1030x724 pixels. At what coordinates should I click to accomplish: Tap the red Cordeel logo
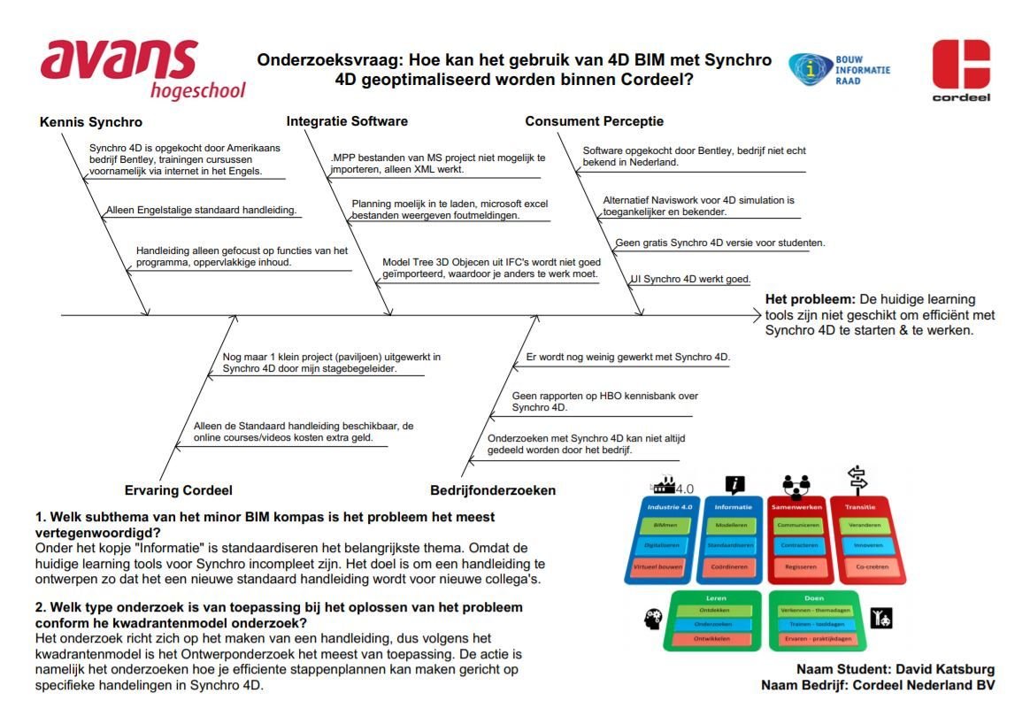coord(961,68)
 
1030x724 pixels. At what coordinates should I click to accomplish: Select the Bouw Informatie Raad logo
coord(838,69)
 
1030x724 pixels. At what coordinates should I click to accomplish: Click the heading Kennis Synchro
coord(91,122)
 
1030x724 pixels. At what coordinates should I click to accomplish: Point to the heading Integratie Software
coord(347,121)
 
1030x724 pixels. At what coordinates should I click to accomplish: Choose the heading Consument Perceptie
coord(594,121)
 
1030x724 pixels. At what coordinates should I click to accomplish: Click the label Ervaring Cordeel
coord(178,490)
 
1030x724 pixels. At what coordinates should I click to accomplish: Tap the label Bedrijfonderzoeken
coord(493,490)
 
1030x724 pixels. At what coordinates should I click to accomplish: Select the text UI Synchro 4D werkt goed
coord(690,280)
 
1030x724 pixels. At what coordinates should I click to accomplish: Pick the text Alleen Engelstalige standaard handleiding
coord(201,211)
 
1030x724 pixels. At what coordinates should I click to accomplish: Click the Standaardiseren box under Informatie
coord(732,546)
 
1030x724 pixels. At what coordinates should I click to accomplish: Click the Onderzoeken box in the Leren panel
coord(713,625)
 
